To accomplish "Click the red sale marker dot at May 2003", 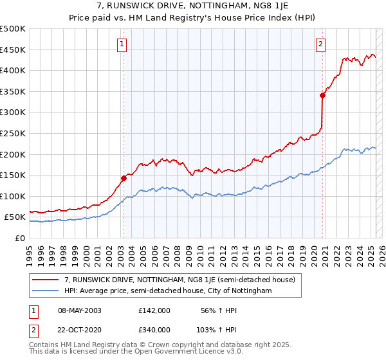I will (124, 178).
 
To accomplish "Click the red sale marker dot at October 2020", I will (323, 95).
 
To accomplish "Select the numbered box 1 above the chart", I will (122, 44).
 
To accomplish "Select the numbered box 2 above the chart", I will (320, 44).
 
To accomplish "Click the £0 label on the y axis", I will (19, 238).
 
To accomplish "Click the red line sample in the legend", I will (46, 280).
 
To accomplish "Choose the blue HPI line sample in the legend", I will (46, 291).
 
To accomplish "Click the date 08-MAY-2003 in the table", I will (79, 310).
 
